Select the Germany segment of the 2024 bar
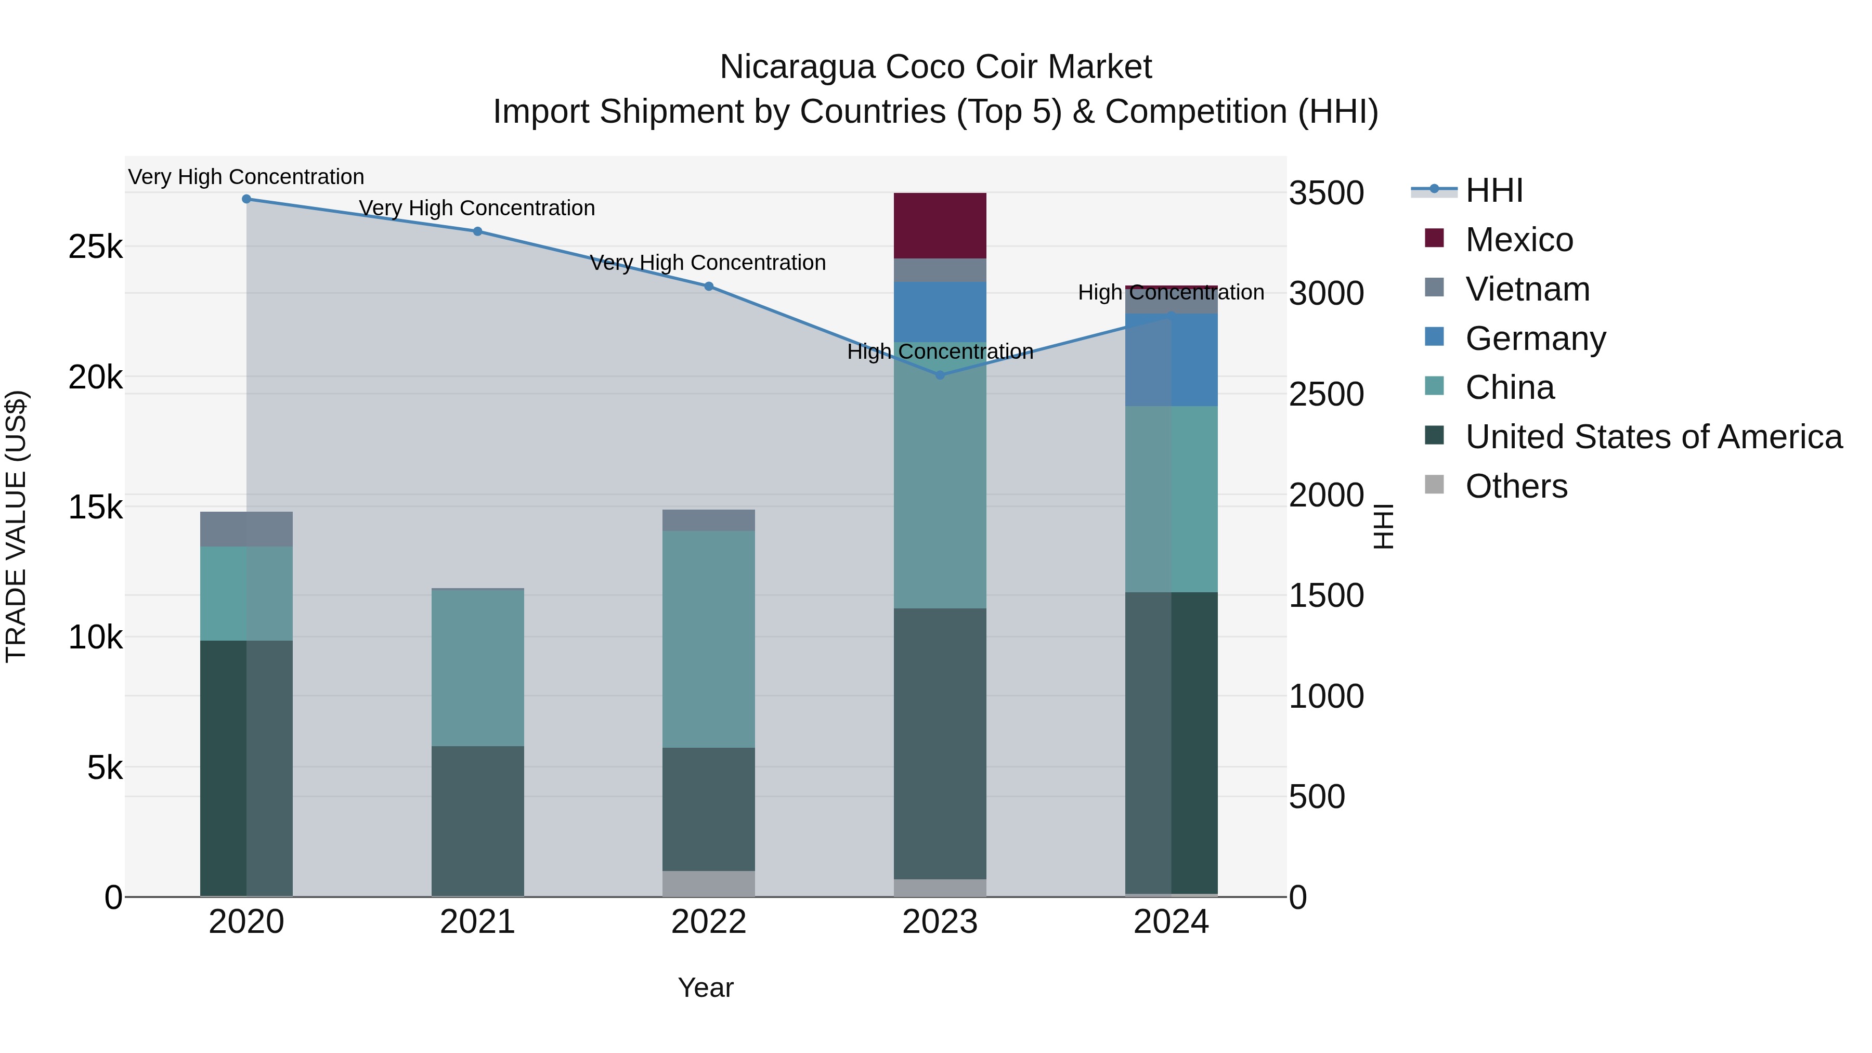[1171, 360]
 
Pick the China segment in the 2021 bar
[477, 667]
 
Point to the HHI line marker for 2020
[246, 199]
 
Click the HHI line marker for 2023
[940, 375]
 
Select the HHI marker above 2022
[709, 287]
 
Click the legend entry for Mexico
[1519, 240]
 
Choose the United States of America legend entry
[1653, 437]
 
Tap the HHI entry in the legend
[1493, 190]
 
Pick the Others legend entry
[1516, 486]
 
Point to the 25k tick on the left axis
[95, 247]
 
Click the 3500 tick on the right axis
[1326, 193]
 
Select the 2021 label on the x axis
[477, 922]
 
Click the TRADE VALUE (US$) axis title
[16, 526]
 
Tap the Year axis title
[705, 987]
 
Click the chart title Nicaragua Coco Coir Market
[935, 67]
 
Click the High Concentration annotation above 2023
[940, 352]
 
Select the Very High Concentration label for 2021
[477, 208]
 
